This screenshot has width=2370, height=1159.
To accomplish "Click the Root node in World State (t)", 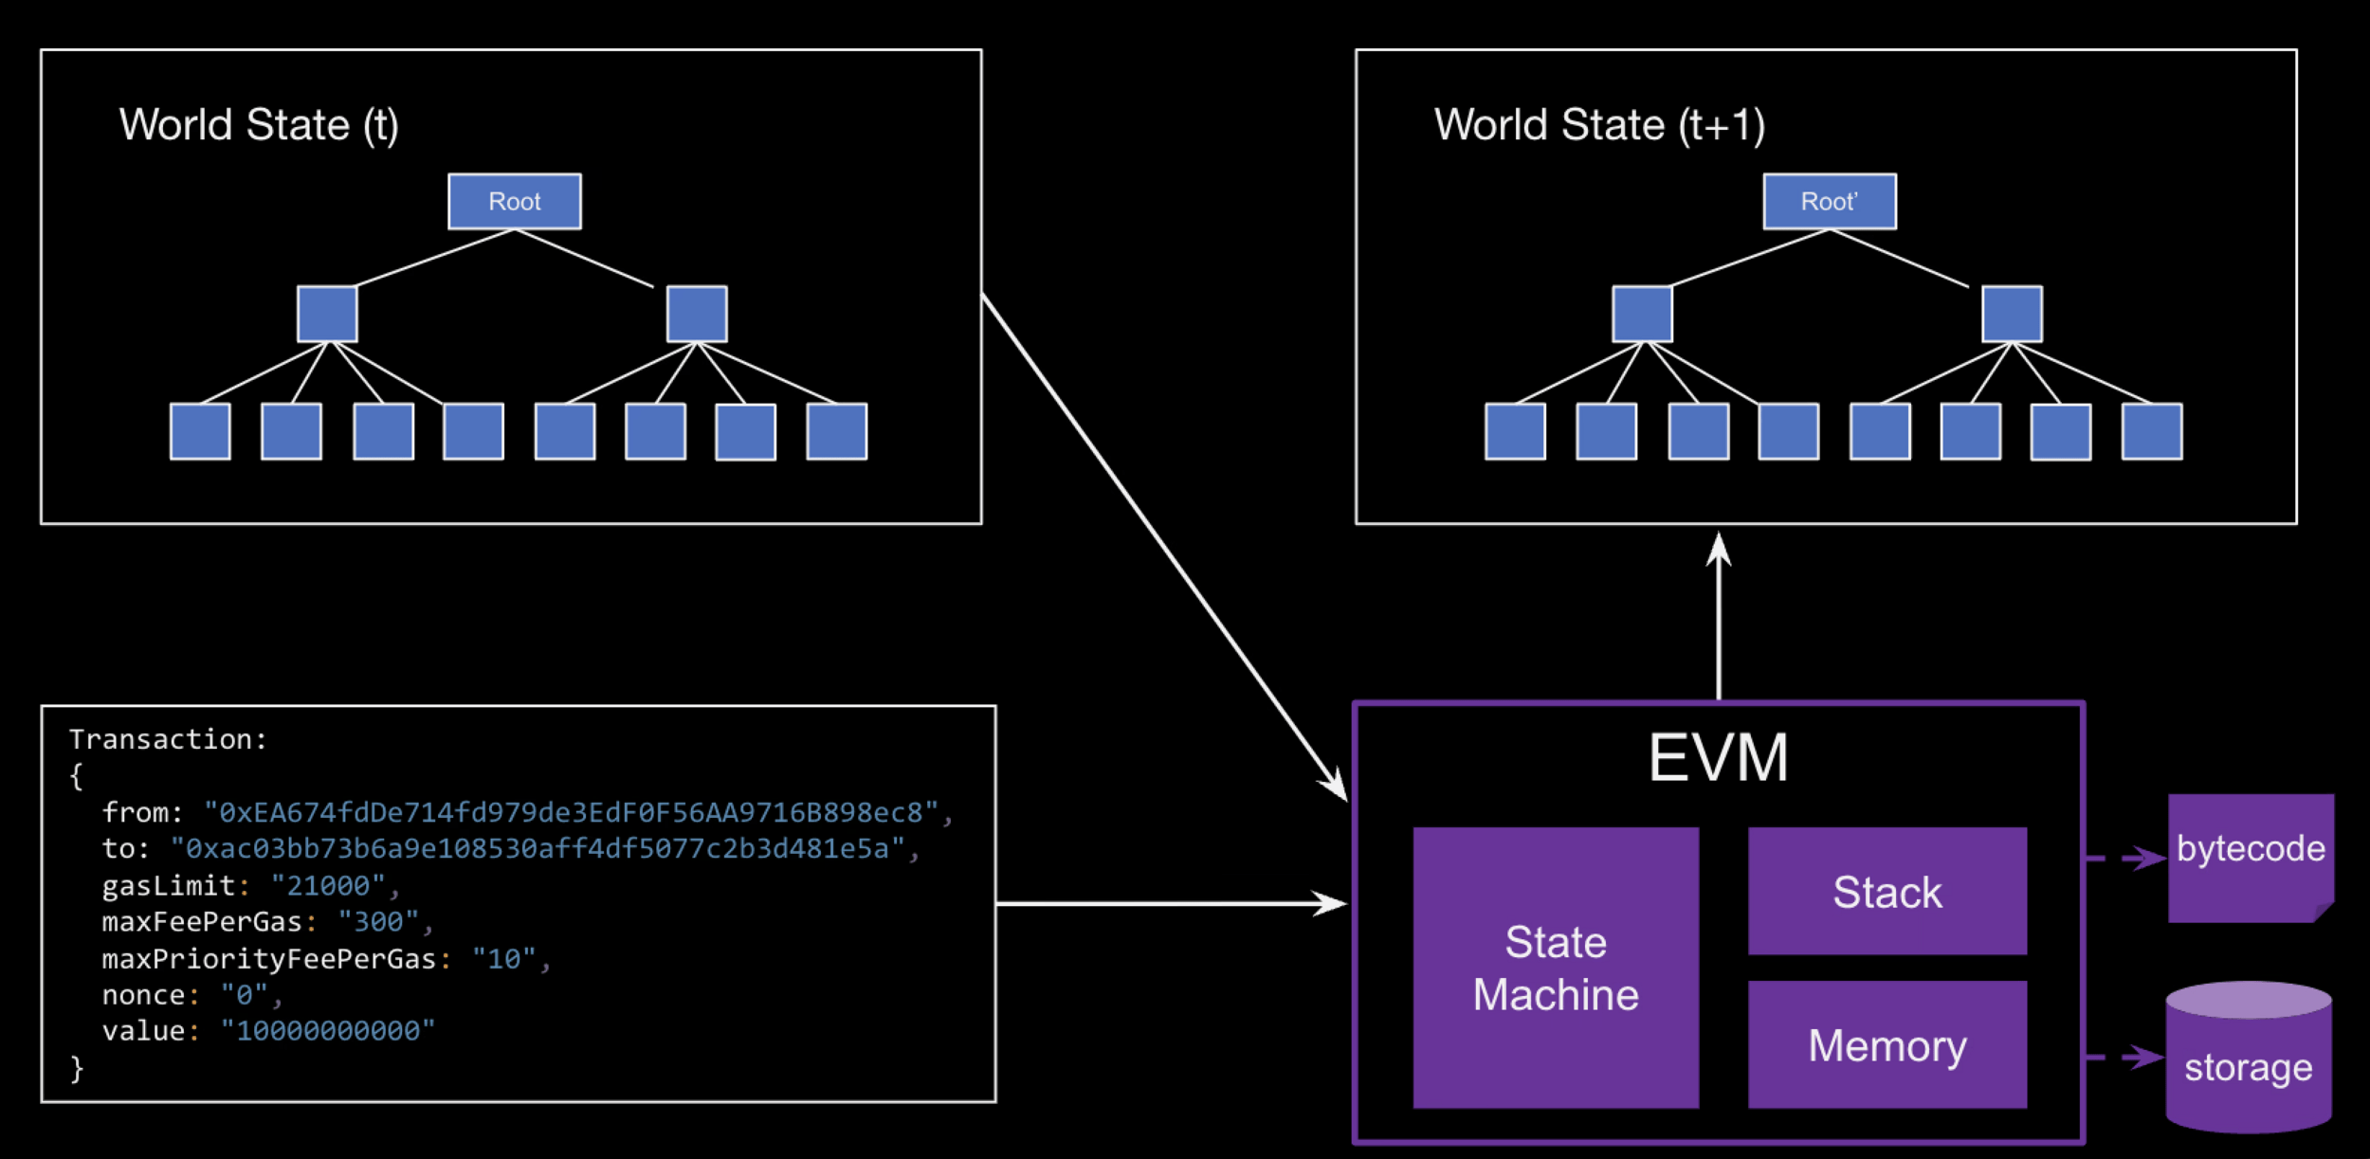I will (514, 201).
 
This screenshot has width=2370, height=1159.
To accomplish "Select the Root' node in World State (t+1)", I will (1829, 201).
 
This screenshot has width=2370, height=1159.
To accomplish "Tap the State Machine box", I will (1555, 968).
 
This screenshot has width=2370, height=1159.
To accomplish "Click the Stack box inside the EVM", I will (1887, 892).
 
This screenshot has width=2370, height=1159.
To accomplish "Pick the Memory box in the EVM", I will (1887, 1045).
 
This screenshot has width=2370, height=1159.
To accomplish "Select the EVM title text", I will (1718, 758).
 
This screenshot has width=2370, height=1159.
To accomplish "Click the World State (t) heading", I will (259, 125).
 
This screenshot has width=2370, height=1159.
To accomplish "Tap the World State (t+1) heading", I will (1599, 125).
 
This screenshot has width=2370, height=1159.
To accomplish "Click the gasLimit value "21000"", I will (328, 886).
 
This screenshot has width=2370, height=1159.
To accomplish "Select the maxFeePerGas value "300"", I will (378, 922).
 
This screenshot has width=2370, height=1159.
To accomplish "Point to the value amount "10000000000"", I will (327, 1031).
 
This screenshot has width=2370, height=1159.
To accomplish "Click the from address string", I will (571, 813).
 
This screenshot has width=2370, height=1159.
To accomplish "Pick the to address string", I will (537, 849).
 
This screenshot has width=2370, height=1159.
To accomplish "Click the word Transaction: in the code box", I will (168, 739).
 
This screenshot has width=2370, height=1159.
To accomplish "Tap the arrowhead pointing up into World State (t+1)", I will (1718, 550).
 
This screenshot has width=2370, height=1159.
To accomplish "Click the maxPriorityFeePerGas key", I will (268, 959).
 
